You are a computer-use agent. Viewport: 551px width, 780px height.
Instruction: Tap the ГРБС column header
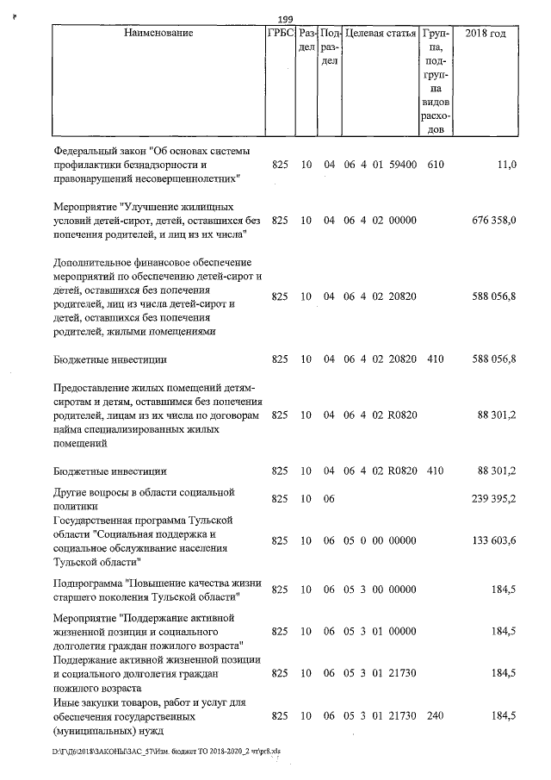tap(279, 34)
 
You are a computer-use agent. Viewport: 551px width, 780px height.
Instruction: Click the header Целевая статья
tap(381, 34)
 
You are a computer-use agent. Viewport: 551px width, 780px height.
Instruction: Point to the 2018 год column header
tap(485, 34)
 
